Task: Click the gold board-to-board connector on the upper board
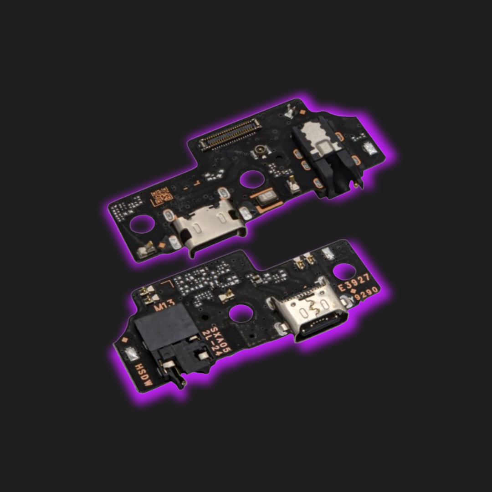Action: coord(230,134)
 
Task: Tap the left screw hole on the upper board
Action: coord(142,224)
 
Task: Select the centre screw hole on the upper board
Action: coord(250,179)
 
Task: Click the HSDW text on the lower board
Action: coord(143,375)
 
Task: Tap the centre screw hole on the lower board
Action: coord(241,314)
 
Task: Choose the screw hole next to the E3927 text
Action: coord(344,271)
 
